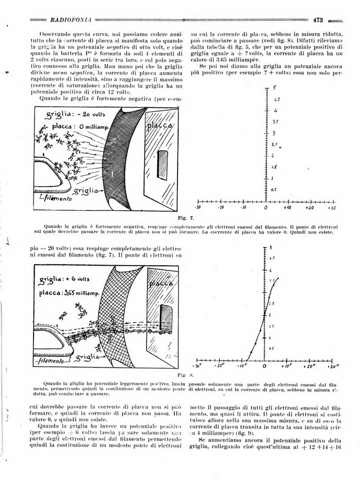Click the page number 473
click(x=319, y=20)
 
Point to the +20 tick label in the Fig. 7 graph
click(x=310, y=208)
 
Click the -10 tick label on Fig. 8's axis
click(x=241, y=365)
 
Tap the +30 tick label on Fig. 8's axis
click(x=330, y=365)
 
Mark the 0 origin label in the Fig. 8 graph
click(x=265, y=365)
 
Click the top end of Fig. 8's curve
click(x=281, y=278)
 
